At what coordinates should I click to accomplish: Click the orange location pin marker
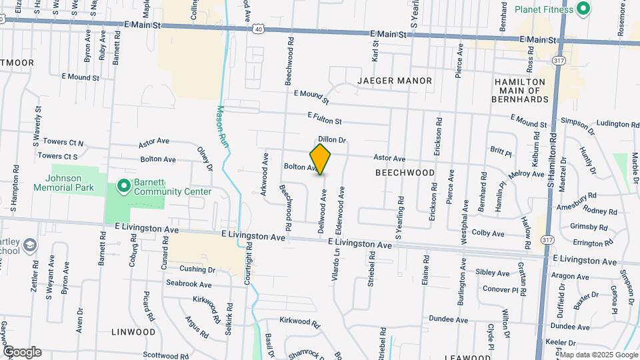[x=321, y=159]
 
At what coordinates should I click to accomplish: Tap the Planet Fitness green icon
[x=583, y=9]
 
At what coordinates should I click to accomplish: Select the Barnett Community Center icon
[x=123, y=185]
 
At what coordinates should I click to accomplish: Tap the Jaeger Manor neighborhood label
[x=395, y=81]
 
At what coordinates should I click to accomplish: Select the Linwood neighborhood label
[x=133, y=331]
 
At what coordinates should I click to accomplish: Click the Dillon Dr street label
[x=332, y=140]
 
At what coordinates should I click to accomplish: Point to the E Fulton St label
[x=325, y=118]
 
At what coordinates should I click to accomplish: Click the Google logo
[x=22, y=352]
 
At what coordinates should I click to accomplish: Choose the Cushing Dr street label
[x=197, y=270]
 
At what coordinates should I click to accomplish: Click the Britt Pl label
[x=500, y=153]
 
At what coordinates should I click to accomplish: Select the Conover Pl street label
[x=500, y=289]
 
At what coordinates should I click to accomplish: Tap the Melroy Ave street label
[x=526, y=174]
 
